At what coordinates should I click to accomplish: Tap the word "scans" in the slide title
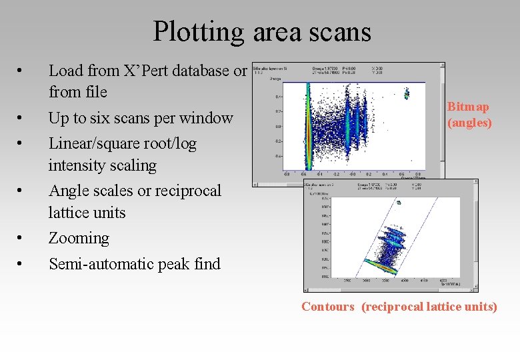coord(338,31)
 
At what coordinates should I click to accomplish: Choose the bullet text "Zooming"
coord(79,238)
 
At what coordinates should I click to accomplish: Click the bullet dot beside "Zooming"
coord(21,239)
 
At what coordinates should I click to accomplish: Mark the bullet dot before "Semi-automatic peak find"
coord(21,265)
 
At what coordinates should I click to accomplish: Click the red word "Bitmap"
coord(468,107)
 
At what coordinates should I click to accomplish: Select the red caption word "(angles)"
coord(469,123)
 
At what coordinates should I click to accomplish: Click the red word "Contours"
coord(328,307)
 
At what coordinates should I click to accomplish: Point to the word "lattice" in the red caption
coord(436,307)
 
